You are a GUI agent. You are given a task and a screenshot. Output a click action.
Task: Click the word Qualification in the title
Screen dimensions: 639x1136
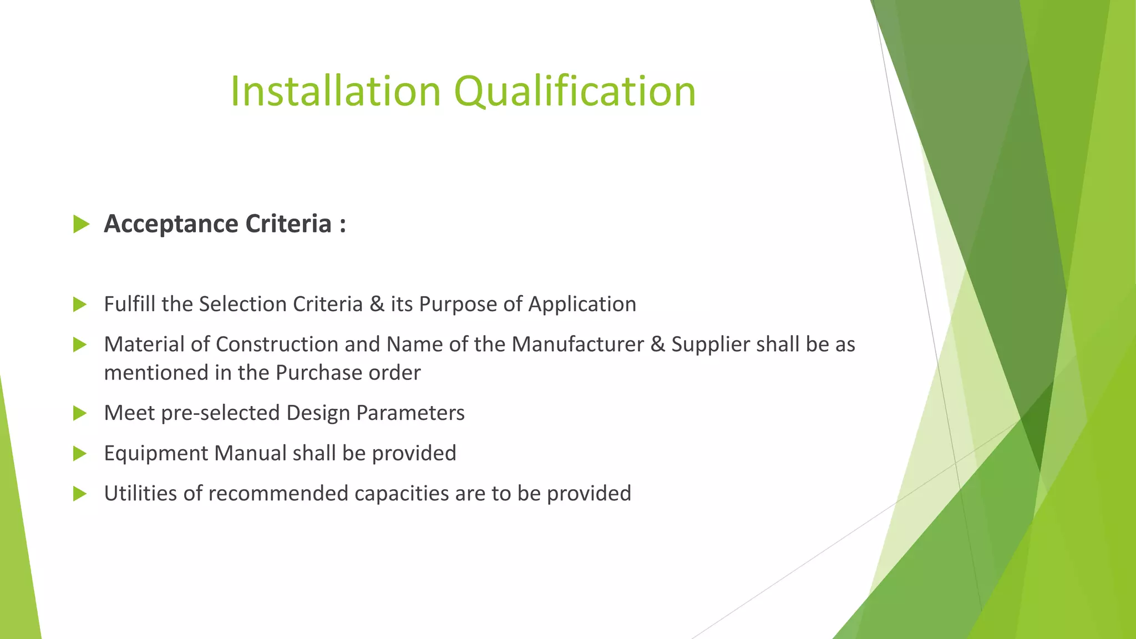575,91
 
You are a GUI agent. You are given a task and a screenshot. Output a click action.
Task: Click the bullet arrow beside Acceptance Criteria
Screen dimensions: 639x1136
81,225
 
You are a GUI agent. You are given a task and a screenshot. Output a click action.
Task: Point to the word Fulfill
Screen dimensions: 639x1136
129,304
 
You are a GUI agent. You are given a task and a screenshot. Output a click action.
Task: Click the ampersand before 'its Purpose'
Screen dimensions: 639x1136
377,304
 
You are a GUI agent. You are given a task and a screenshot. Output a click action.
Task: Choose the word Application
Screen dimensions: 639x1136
582,304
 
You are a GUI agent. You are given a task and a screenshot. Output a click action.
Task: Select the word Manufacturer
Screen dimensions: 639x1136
577,344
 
